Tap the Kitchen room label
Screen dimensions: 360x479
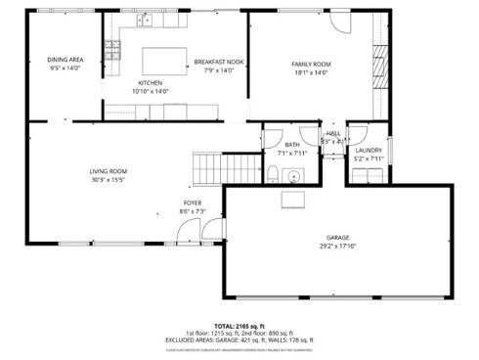click(x=150, y=82)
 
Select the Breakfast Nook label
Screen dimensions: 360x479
click(x=218, y=62)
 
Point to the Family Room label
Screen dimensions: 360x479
click(x=311, y=65)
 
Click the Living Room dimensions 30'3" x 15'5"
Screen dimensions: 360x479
click(x=109, y=180)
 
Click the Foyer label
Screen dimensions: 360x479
click(x=192, y=202)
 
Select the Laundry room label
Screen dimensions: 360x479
click(x=369, y=150)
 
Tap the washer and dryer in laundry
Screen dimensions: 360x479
click(x=368, y=175)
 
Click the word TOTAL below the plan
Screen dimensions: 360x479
click(x=225, y=325)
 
